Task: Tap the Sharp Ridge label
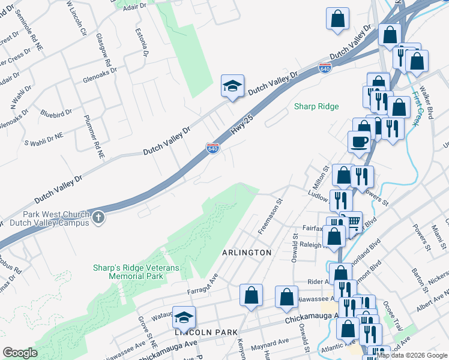pyautogui.click(x=316, y=107)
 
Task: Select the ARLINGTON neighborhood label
pyautogui.click(x=247, y=253)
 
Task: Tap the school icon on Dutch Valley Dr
pyautogui.click(x=232, y=86)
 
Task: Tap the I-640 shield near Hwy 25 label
pyautogui.click(x=212, y=148)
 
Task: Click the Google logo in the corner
pyautogui.click(x=20, y=353)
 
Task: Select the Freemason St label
pyautogui.click(x=270, y=217)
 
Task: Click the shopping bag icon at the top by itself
pyautogui.click(x=338, y=19)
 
